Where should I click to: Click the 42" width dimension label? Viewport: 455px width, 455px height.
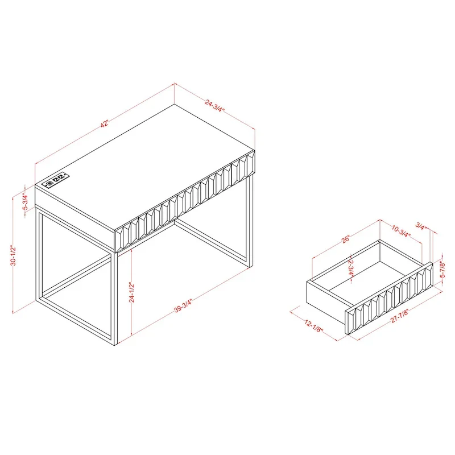point(105,123)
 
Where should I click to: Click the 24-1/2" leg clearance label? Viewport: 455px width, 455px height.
point(131,293)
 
